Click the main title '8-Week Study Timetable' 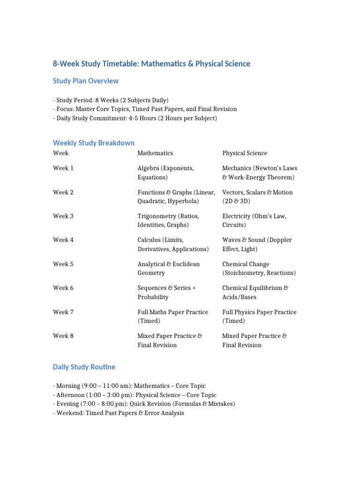pos(151,64)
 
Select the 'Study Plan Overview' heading pos(86,81)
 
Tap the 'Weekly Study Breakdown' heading pos(94,143)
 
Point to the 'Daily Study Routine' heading pos(84,367)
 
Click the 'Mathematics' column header pos(155,153)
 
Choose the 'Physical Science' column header pos(245,153)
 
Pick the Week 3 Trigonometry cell pos(168,221)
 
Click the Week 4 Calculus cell pos(173,245)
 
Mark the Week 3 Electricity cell pos(254,221)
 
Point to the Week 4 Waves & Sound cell pos(257,245)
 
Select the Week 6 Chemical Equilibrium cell pos(255,292)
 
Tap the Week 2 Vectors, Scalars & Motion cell pos(257,197)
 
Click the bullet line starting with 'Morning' pos(129,386)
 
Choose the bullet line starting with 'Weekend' pos(119,413)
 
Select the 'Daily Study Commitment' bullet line pos(135,119)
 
